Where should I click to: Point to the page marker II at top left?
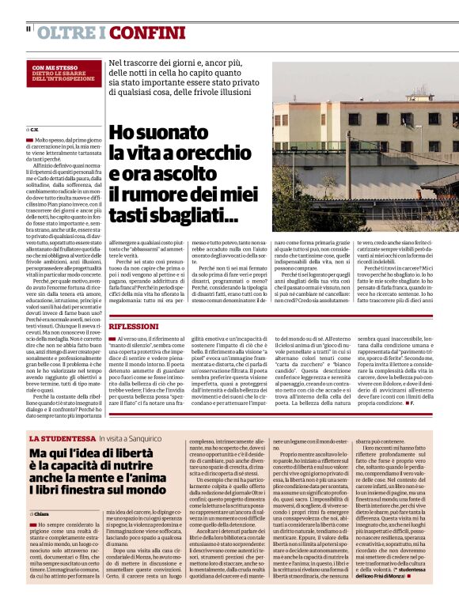[28, 29]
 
